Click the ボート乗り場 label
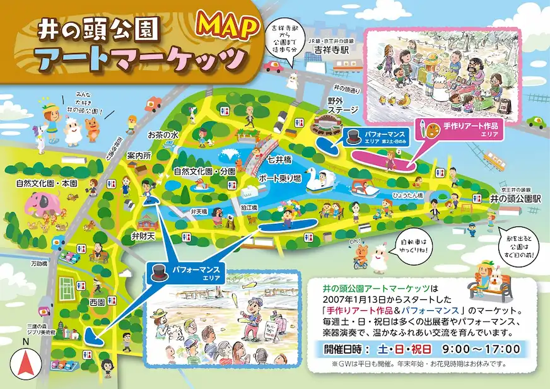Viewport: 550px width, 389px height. pyautogui.click(x=279, y=178)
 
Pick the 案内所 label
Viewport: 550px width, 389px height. pyautogui.click(x=140, y=155)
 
